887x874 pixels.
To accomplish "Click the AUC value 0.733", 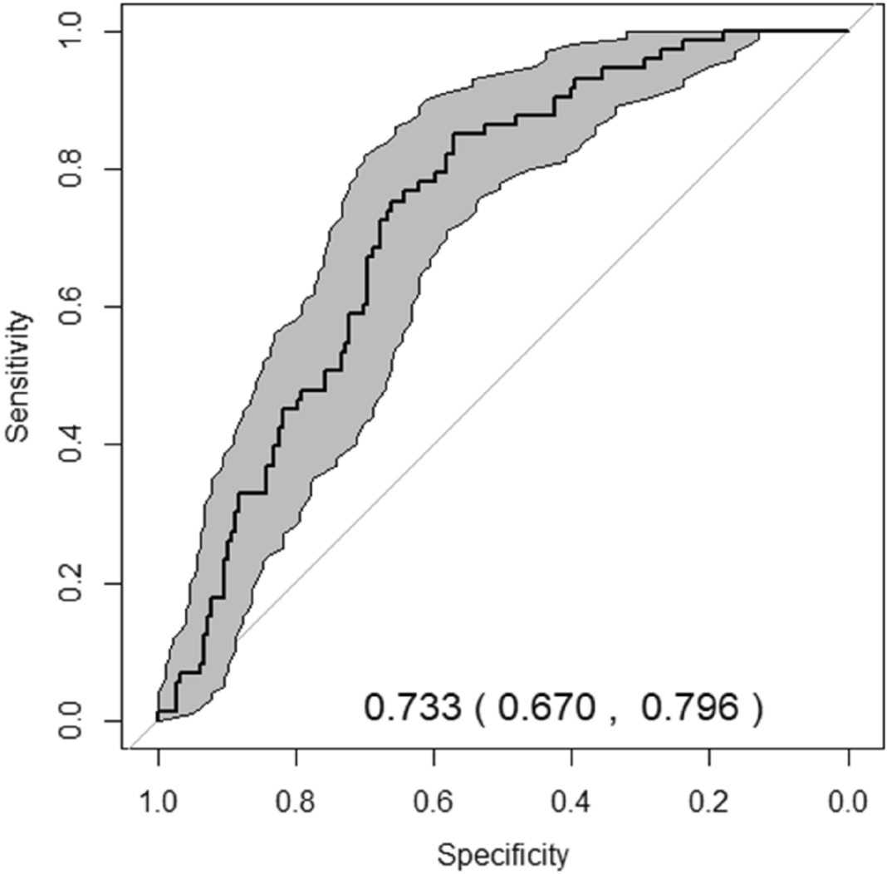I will tap(412, 708).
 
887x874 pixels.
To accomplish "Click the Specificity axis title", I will tap(503, 854).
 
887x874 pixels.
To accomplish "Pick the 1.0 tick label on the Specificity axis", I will tap(158, 803).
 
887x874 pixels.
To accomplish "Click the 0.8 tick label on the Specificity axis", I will tap(296, 803).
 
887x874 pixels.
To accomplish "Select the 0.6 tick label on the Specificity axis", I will tap(434, 803).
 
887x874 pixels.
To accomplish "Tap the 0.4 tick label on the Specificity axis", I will tap(572, 803).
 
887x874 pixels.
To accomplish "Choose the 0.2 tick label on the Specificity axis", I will tap(710, 803).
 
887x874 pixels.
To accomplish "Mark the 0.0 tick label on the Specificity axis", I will tap(848, 803).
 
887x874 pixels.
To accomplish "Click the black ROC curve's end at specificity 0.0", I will tap(847, 31).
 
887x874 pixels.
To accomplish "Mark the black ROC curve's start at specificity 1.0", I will tap(158, 719).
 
